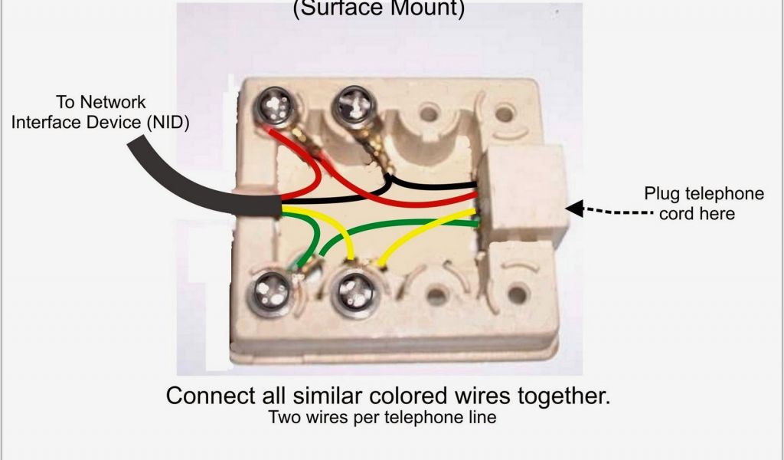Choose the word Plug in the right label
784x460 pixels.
tap(661, 193)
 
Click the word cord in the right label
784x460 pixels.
tap(676, 213)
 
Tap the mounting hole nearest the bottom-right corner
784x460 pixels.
tap(517, 292)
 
